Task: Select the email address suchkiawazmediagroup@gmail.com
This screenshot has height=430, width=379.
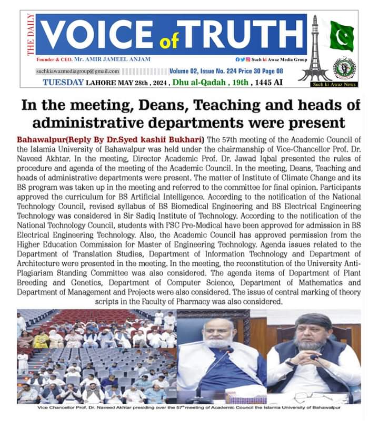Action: [78, 71]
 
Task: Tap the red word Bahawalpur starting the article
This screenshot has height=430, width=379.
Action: [39, 140]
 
